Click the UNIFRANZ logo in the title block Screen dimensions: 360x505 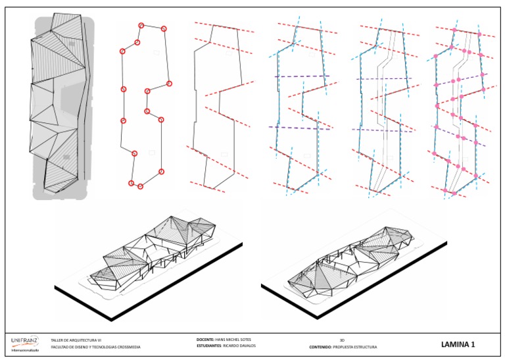(x=25, y=342)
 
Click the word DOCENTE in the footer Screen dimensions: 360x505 (x=207, y=340)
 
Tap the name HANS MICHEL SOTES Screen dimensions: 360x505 (x=237, y=340)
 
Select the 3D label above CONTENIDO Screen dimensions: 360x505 (x=341, y=340)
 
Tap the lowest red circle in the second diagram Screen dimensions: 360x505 (x=140, y=186)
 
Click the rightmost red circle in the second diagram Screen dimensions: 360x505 (x=169, y=84)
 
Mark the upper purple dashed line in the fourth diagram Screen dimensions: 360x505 (x=302, y=77)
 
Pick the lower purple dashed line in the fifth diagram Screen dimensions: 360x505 (x=385, y=130)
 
